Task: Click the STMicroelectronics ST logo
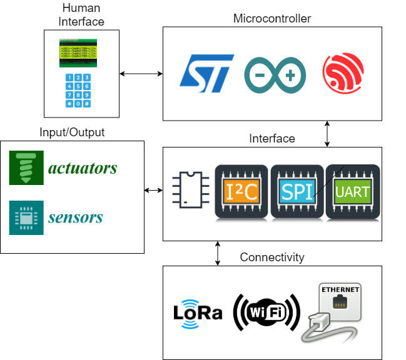pos(206,73)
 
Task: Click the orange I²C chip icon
pos(241,191)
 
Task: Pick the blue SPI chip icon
pos(297,191)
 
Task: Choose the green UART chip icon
pos(353,191)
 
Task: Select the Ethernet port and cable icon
pos(332,312)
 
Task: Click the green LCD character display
pos(81,51)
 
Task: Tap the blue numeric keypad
pos(81,91)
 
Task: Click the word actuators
pos(83,168)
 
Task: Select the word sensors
pos(75,217)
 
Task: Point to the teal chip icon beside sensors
pos(26,217)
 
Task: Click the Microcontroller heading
pos(272,18)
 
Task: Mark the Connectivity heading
pos(272,257)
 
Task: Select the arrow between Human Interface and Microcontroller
pos(141,74)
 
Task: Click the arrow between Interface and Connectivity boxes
pos(218,253)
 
